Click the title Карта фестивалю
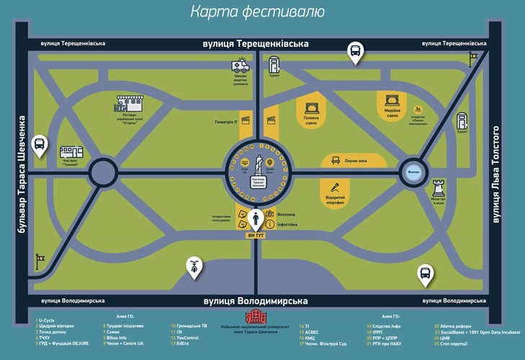(257, 12)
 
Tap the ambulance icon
(240, 66)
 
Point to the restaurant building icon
(130, 103)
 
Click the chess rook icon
(439, 188)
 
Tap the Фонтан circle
(413, 172)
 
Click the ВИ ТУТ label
(257, 235)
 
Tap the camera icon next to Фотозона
(270, 214)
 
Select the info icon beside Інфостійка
(270, 225)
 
